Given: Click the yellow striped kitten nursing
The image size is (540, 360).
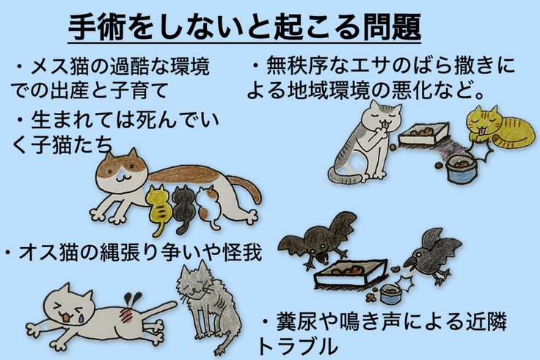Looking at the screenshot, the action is (158, 207).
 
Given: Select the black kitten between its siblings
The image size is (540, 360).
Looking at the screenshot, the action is (183, 207).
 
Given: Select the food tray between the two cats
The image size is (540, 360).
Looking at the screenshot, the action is (423, 133).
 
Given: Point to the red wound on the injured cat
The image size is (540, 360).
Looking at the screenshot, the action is (127, 315).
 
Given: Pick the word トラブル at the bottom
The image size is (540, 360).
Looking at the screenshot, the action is (298, 346).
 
